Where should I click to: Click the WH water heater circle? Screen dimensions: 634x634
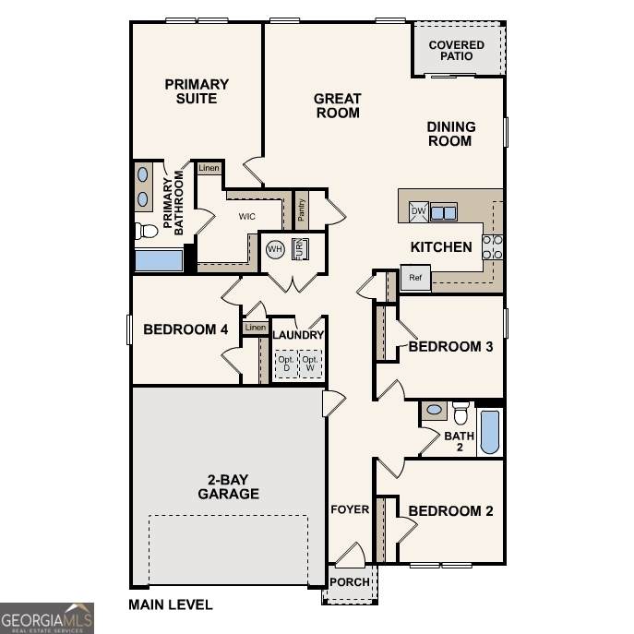275,248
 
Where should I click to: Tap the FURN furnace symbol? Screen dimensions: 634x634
300,249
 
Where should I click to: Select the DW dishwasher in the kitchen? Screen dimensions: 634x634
418,211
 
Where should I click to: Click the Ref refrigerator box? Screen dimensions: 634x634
415,278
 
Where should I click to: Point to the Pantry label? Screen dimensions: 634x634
301,209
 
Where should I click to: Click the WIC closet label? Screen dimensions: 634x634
247,216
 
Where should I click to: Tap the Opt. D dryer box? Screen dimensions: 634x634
287,364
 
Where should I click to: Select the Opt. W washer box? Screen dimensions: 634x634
310,364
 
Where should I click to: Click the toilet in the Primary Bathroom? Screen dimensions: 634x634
146,231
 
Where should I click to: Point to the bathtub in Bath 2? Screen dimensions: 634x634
490,432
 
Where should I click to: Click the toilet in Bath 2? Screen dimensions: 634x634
461,413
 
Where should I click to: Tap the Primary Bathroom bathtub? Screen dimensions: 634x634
159,260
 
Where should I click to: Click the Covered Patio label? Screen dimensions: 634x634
457,51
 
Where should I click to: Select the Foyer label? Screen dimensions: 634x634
350,509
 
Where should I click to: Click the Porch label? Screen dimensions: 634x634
350,581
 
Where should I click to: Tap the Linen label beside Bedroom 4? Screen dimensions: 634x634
256,327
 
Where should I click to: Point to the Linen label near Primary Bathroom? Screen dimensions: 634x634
209,168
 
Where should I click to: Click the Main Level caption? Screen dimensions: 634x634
170,604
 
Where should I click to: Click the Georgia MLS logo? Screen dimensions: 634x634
47,618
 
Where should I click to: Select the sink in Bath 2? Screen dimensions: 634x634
435,410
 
